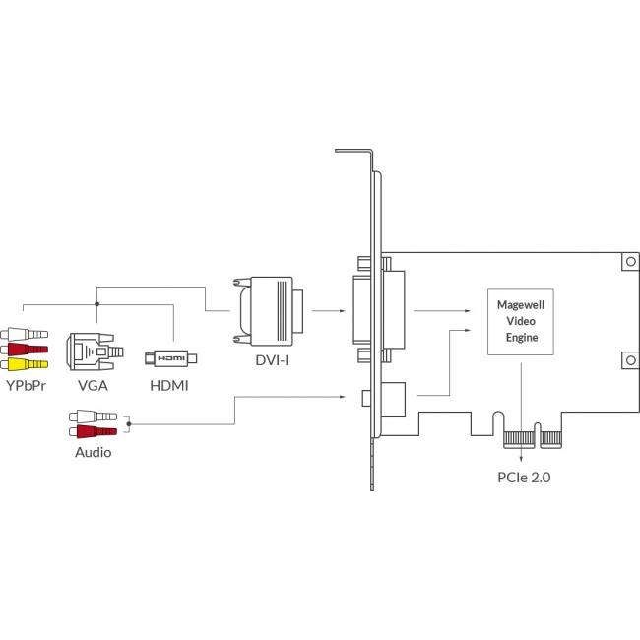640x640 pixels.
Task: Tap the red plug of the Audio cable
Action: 95,431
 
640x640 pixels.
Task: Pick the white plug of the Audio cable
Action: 95,416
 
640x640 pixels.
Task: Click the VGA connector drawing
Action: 91,351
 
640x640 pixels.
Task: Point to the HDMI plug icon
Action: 172,357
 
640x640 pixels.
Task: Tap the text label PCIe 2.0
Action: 526,478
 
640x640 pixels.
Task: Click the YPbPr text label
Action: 26,387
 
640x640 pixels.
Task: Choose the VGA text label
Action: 91,387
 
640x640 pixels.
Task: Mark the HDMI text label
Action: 170,387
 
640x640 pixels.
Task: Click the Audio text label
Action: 94,453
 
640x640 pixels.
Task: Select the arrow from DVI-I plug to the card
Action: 327,311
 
